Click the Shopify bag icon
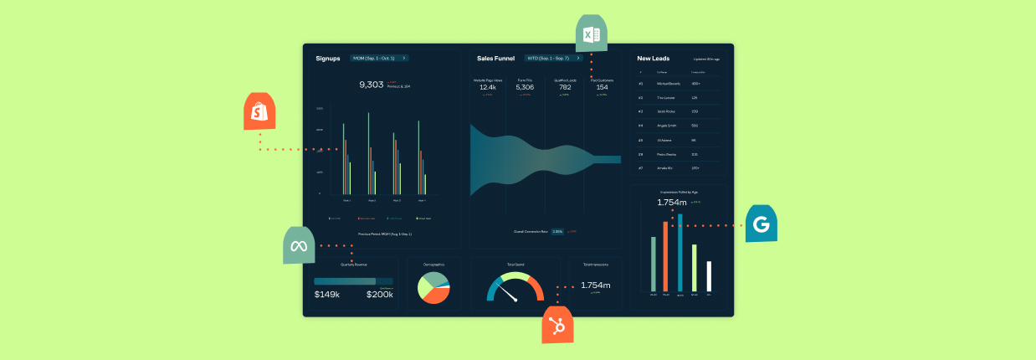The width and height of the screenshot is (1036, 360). pos(260,111)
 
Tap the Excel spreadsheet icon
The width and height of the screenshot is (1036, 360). pos(592,34)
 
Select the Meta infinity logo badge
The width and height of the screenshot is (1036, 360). pos(300,245)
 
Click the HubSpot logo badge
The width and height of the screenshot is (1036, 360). pos(558,324)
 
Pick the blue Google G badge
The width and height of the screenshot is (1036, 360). pos(761,224)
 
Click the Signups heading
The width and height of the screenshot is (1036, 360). pos(328,59)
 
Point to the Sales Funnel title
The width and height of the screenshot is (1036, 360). pos(495,59)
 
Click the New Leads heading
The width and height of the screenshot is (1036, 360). pos(653,59)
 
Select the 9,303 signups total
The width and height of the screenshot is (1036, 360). pos(371,85)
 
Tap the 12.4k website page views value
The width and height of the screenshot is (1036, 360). pos(488,87)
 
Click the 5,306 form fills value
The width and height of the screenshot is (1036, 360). pos(525,87)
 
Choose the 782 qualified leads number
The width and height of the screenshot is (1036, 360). pos(565,87)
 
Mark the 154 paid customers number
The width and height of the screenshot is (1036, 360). pos(602,87)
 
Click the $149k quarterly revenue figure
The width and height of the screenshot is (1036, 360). pos(326,294)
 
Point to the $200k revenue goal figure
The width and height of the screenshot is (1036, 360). pos(379,294)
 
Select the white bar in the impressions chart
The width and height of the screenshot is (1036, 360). pos(709,276)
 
